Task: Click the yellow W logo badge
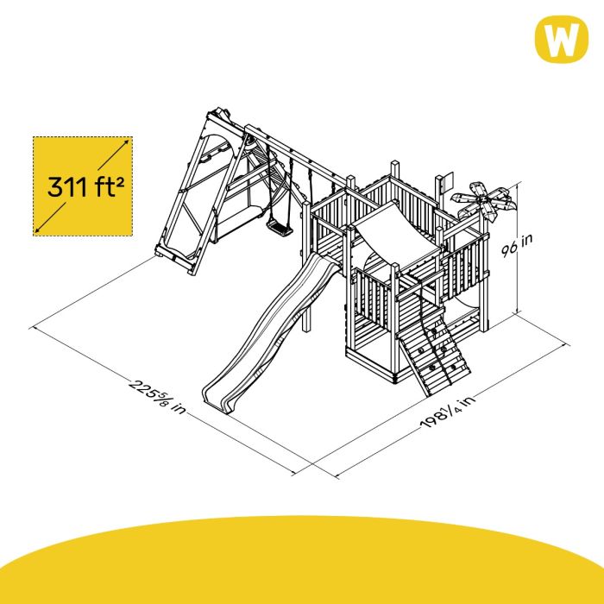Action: (561, 39)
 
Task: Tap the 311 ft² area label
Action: (86, 186)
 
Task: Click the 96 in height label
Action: (518, 244)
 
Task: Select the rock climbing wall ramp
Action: (435, 356)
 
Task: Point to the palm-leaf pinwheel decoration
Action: (482, 201)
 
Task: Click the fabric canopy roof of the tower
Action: (397, 230)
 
